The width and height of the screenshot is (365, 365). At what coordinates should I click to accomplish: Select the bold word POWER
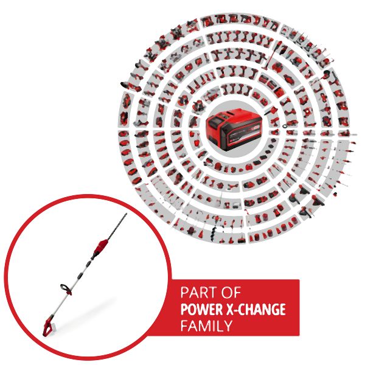201,309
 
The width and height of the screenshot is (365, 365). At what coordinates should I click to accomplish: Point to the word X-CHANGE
256,309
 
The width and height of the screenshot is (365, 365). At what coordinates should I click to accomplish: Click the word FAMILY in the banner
206,325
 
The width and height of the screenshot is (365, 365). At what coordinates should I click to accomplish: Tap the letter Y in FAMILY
228,325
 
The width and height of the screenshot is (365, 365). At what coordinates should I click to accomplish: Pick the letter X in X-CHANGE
231,309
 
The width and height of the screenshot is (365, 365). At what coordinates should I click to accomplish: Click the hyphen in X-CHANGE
237,310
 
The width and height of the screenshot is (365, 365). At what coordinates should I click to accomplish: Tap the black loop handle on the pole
66,288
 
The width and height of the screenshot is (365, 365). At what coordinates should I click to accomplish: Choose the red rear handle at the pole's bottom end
47,325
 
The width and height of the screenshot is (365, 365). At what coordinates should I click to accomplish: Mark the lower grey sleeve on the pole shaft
80,276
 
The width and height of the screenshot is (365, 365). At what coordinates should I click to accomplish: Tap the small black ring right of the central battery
285,126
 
